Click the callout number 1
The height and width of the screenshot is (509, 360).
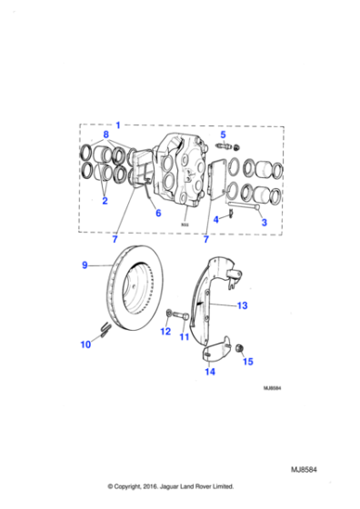pyautogui.click(x=116, y=123)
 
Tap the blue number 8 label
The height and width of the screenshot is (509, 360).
pyautogui.click(x=105, y=135)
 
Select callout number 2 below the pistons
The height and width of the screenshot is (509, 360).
pyautogui.click(x=105, y=201)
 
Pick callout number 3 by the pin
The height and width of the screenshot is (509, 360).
pyautogui.click(x=264, y=222)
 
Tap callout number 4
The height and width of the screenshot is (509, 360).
pyautogui.click(x=215, y=219)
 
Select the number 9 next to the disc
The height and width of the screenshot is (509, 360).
pyautogui.click(x=85, y=265)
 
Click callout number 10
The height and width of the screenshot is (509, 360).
pyautogui.click(x=86, y=344)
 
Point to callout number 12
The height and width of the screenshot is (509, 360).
pyautogui.click(x=165, y=332)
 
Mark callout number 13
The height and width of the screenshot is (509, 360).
pyautogui.click(x=242, y=306)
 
